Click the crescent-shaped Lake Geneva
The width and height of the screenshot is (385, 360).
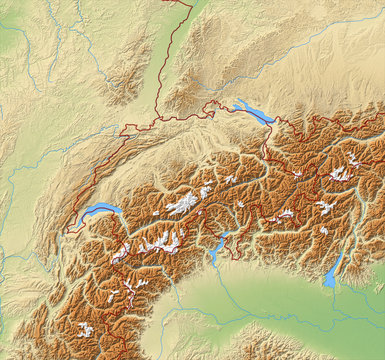pyautogui.click(x=100, y=211)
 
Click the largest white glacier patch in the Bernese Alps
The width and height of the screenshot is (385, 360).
pyautogui.click(x=183, y=203)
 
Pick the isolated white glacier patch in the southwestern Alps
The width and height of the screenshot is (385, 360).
pyautogui.click(x=86, y=328)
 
